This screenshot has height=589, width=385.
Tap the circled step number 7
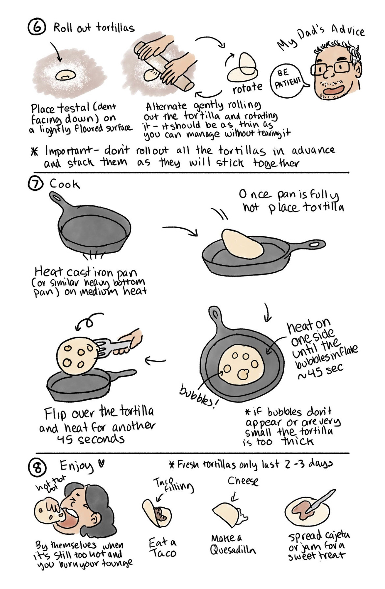pos(35,184)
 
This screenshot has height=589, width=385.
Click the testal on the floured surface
pos(66,75)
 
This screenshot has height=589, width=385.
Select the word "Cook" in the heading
pos(64,184)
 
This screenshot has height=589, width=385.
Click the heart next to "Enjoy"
pos(101,464)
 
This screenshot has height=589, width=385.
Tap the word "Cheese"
pos(243,481)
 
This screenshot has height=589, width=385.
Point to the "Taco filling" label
pos(173,485)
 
